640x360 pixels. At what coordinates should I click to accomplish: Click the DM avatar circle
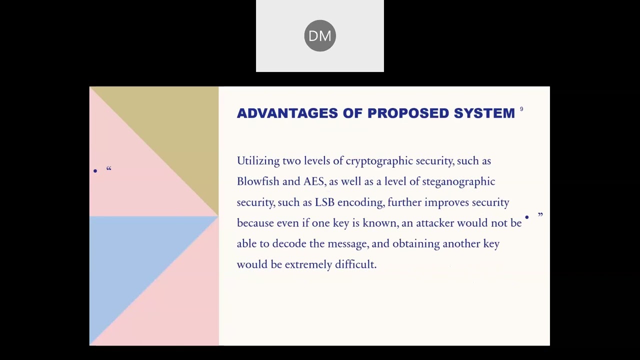point(319,35)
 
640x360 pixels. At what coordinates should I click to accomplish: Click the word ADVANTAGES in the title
point(287,113)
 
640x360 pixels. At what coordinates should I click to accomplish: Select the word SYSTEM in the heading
point(484,113)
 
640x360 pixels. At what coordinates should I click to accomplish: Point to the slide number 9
point(521,109)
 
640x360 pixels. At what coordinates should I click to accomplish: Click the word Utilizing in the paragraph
point(258,161)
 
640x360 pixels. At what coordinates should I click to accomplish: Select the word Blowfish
point(258,181)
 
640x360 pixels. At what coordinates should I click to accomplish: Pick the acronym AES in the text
point(314,181)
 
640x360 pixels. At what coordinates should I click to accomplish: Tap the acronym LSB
point(324,202)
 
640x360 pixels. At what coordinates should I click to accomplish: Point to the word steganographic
point(458,181)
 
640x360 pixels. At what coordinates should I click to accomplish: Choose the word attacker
point(435,223)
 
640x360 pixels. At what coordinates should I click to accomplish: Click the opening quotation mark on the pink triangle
point(109,168)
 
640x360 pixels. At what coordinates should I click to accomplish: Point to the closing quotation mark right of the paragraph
point(540,214)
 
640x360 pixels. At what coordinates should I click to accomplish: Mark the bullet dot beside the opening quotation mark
point(95,171)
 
